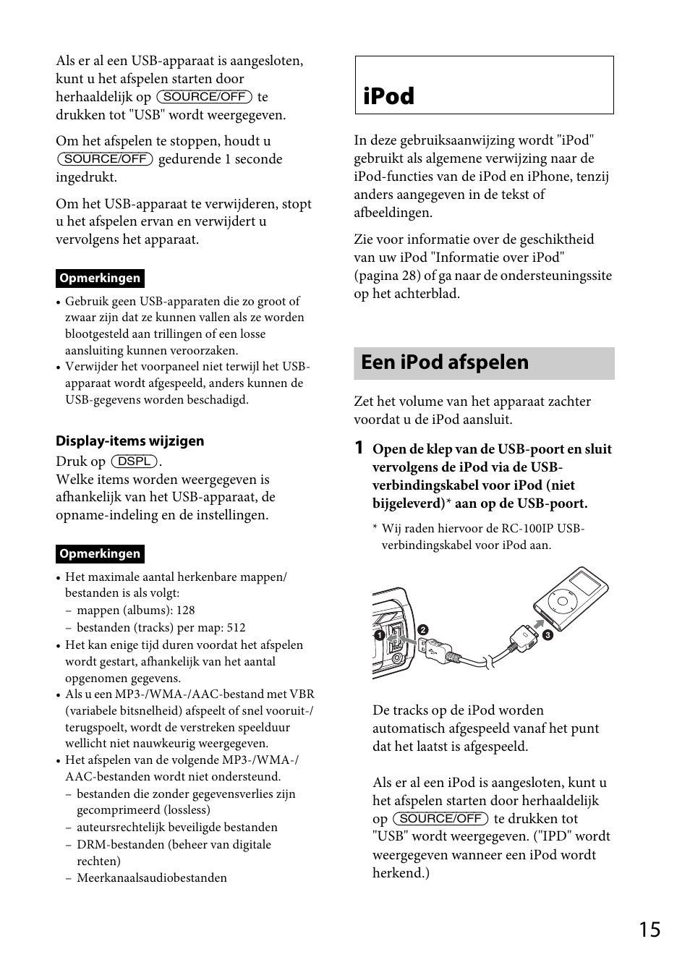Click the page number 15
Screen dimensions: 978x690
coord(649,930)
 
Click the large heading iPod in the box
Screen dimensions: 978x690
coord(389,96)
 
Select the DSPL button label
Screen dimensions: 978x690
coord(135,462)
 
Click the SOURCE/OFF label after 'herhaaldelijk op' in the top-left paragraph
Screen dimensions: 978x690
coord(204,97)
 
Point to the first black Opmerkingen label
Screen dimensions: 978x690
coord(100,278)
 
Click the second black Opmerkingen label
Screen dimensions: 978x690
coord(100,554)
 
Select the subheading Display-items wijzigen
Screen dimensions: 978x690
coord(130,441)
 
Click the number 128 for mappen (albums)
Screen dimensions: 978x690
coord(185,611)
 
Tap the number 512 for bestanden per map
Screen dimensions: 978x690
coord(236,628)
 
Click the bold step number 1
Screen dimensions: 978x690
coord(359,448)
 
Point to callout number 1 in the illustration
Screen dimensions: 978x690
coord(378,635)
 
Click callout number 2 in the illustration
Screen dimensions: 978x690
coord(423,629)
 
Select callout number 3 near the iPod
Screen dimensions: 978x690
coord(547,636)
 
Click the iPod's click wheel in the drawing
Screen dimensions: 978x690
coord(561,600)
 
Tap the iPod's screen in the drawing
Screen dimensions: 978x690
coord(584,582)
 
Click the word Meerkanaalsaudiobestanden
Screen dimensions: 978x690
coord(152,878)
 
